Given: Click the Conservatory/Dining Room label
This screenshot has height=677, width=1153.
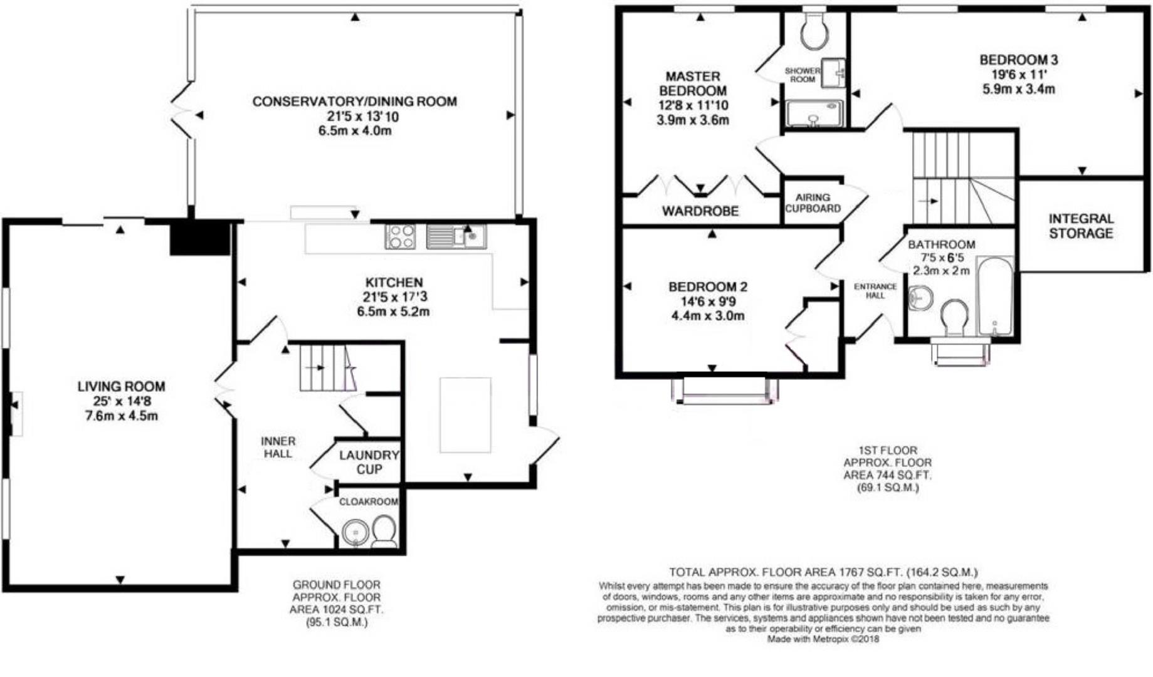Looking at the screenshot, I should [x=354, y=102].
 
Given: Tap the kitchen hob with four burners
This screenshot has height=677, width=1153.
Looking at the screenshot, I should [x=400, y=237].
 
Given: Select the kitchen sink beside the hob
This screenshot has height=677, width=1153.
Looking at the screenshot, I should [x=456, y=236].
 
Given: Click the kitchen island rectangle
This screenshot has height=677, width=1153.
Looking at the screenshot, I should [x=465, y=414].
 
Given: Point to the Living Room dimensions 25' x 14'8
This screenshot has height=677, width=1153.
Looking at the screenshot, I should [x=121, y=401].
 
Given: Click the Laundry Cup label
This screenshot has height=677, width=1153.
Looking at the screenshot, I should [x=369, y=462].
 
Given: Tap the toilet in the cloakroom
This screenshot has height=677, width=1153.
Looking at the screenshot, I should [x=383, y=531].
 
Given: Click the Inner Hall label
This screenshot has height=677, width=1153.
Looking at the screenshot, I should [x=278, y=447].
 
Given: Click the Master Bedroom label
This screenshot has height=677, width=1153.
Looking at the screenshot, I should [x=692, y=83].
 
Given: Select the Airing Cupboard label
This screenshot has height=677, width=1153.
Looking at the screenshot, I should [x=813, y=202].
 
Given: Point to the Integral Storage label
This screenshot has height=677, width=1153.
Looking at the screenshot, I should [x=1081, y=226].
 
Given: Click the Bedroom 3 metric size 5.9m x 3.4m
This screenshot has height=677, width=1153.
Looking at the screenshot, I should [x=1018, y=89].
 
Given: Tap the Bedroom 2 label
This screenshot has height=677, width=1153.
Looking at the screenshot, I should [x=707, y=286].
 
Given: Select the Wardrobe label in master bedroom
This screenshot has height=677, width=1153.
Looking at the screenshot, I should [x=700, y=211].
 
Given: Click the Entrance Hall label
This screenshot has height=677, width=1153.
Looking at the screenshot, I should [x=875, y=290].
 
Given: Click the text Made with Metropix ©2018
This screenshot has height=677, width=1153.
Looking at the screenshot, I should [x=823, y=639].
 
